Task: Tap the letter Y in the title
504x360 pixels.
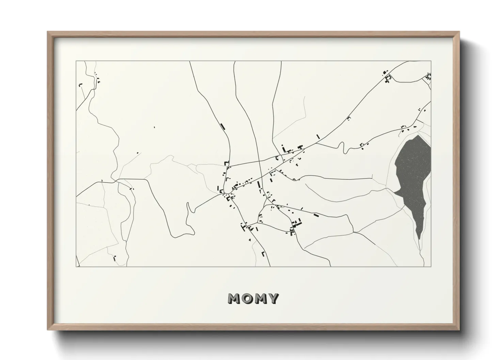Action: [x=273, y=298]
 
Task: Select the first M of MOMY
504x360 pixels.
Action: [x=234, y=298]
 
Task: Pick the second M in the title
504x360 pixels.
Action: [x=260, y=298]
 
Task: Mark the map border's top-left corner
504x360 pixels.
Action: [x=76, y=61]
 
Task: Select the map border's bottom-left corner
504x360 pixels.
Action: [x=76, y=266]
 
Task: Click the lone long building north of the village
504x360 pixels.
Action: [x=223, y=127]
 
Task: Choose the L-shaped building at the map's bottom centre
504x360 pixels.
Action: [x=263, y=253]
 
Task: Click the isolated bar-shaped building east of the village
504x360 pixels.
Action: [x=316, y=215]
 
